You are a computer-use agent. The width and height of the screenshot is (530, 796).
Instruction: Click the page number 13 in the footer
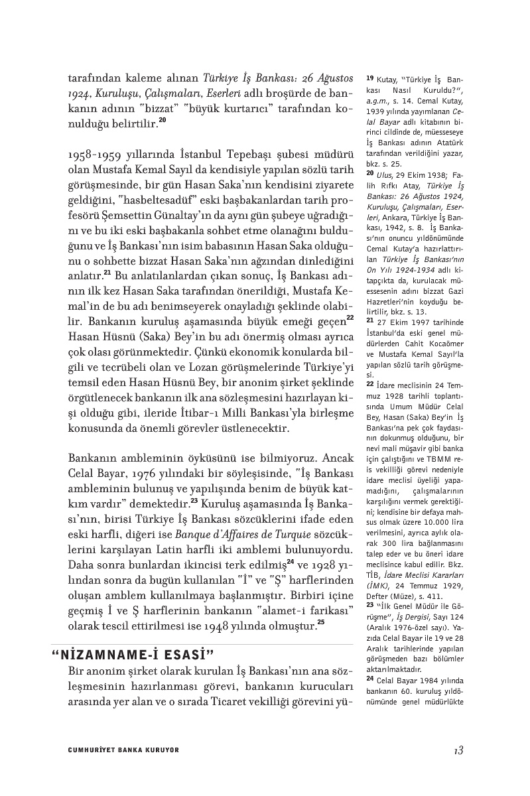coord(458,750)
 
